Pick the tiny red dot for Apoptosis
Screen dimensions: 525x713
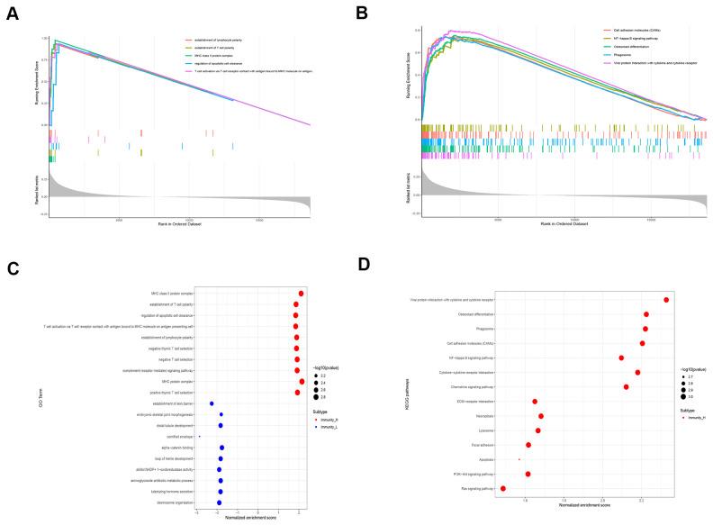tap(519, 459)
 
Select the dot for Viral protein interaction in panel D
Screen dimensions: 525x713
tap(666, 300)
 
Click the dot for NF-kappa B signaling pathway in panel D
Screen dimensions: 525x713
tap(621, 358)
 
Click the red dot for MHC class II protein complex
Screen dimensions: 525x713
tap(301, 294)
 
